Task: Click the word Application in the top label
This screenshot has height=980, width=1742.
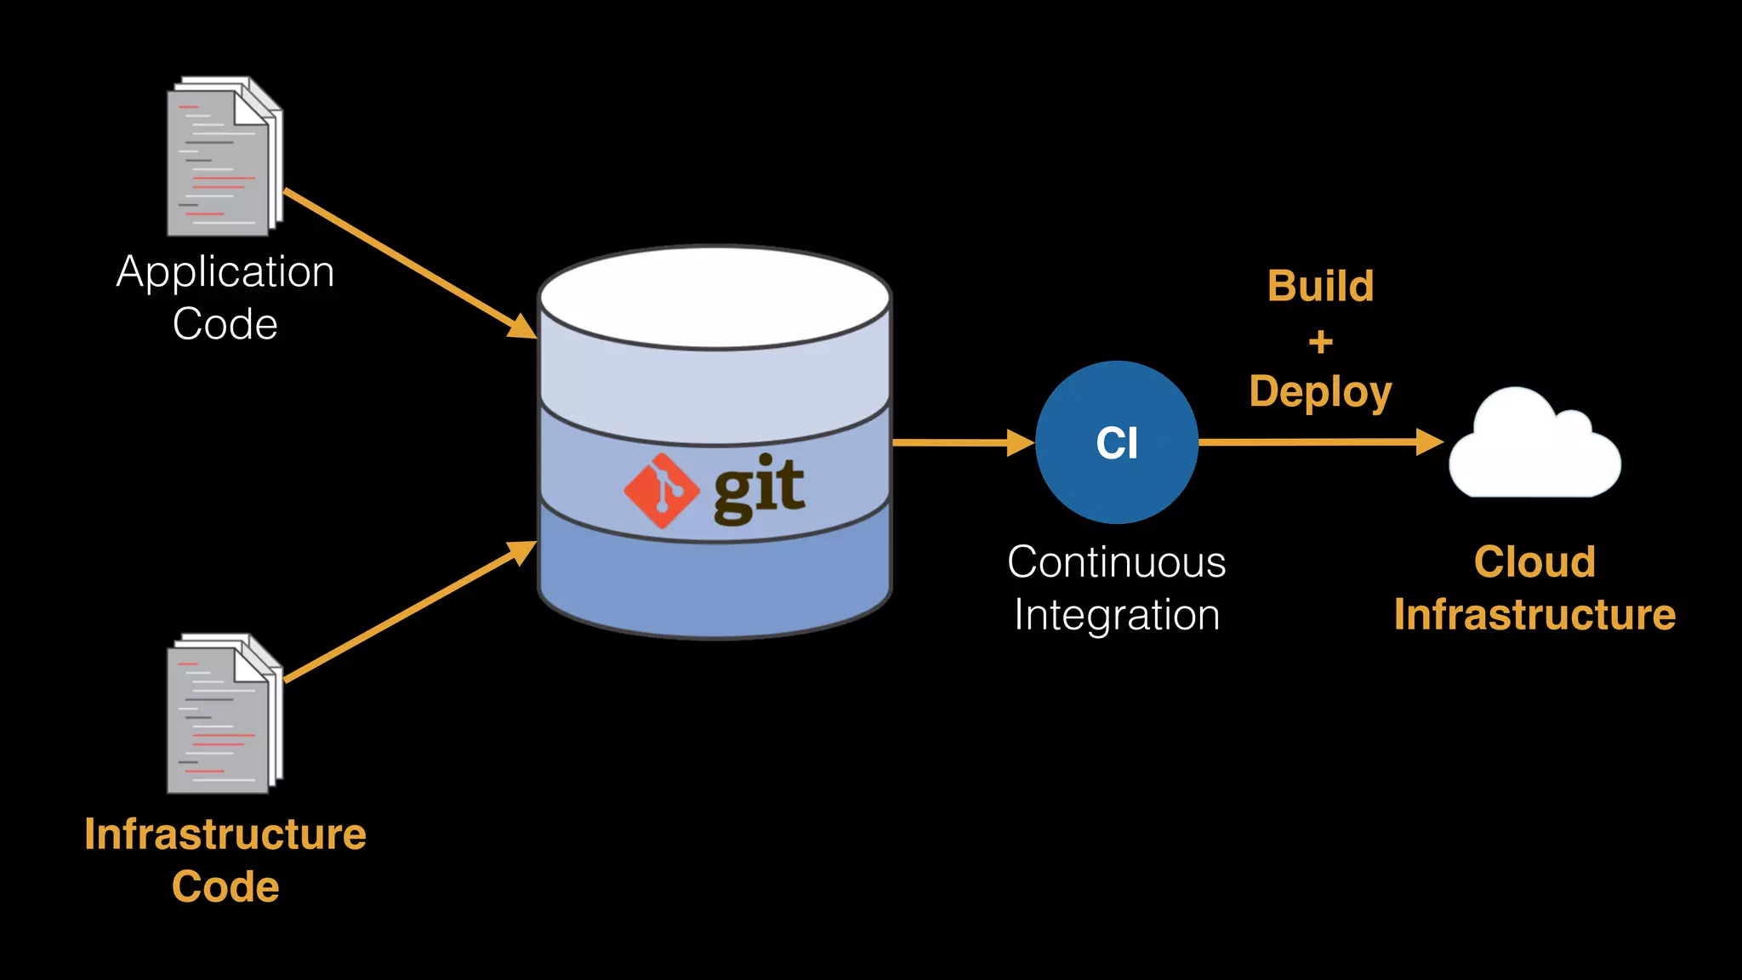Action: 225,273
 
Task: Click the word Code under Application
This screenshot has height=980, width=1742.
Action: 225,325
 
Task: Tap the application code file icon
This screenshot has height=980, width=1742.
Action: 223,157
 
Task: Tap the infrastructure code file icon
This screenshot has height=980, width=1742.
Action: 223,715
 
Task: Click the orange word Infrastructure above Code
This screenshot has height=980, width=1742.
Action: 225,835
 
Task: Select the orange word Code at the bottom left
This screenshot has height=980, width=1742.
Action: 225,887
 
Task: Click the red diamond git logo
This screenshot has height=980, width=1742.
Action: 662,491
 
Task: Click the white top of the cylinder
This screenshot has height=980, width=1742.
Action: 714,297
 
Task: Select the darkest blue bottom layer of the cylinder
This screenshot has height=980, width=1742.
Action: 714,587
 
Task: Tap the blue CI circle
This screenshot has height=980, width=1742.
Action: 1117,442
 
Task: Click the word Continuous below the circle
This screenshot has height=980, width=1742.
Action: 1117,562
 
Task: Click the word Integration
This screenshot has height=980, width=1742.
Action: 1117,615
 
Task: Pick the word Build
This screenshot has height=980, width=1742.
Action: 1320,287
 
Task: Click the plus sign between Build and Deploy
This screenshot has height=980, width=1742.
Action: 1320,342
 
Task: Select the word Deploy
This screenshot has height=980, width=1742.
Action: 1320,392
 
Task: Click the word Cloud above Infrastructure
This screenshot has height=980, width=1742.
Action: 1534,562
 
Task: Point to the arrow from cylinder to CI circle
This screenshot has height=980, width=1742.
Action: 961,442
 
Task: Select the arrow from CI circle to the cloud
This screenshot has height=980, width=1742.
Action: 1318,442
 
